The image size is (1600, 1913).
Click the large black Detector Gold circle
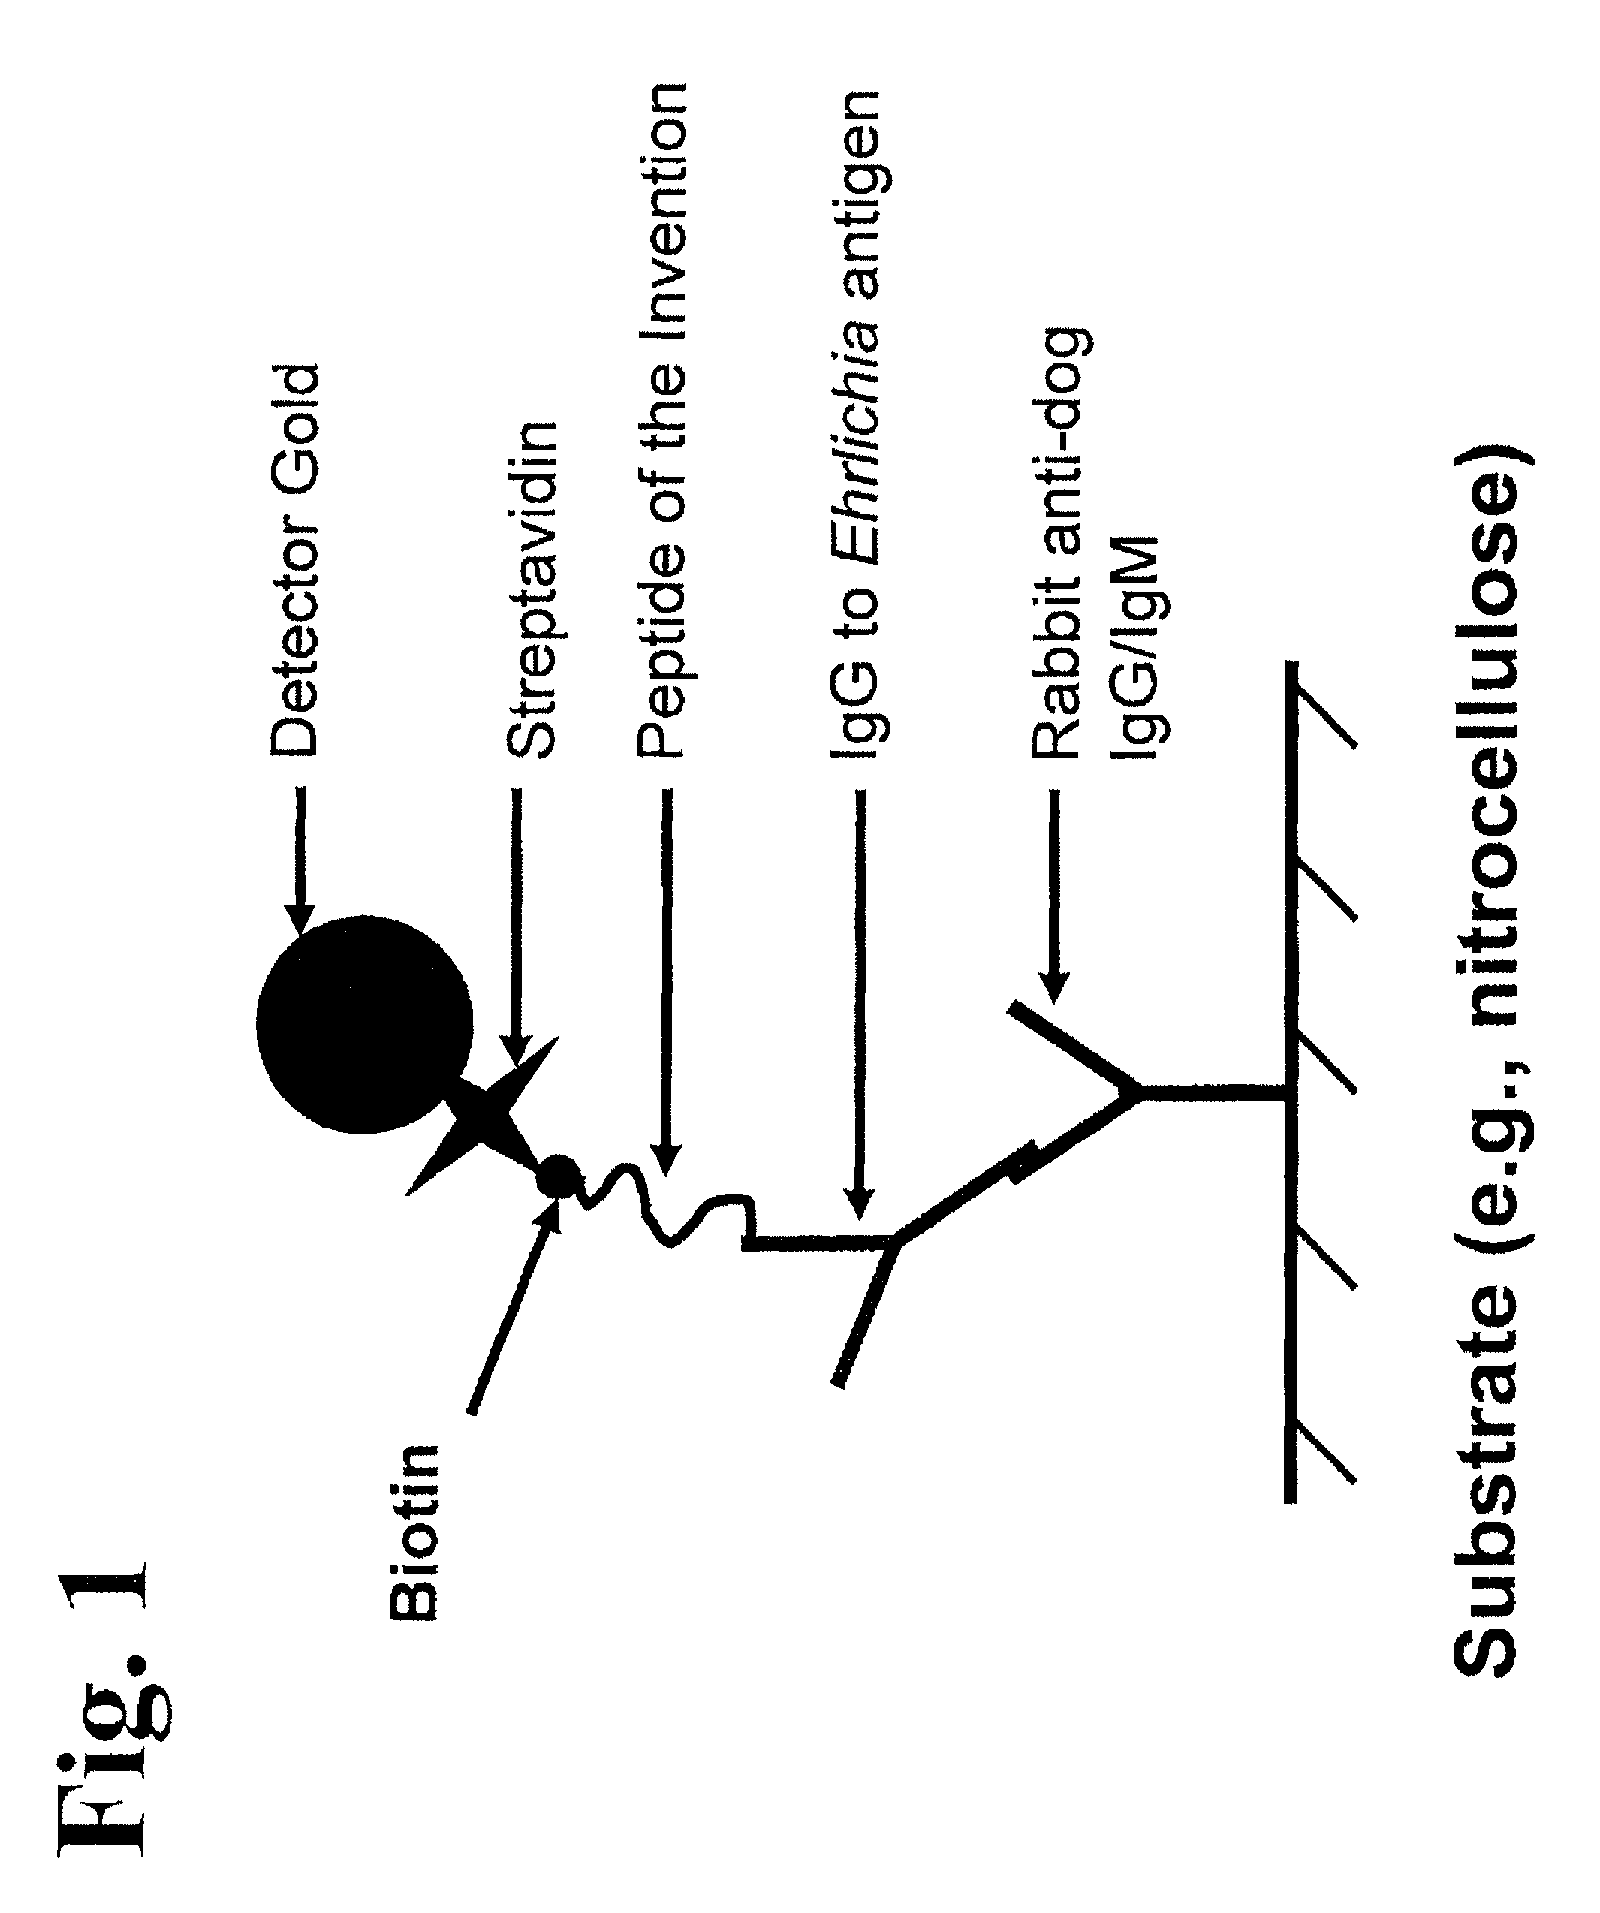point(364,1024)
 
